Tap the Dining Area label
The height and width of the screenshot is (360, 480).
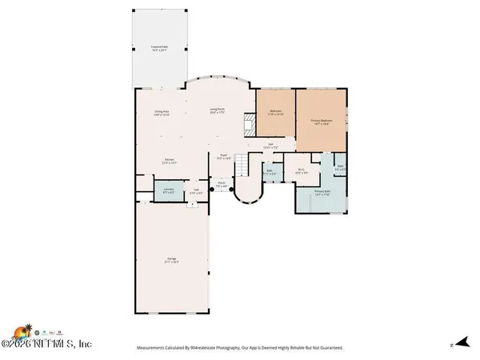pyautogui.click(x=162, y=113)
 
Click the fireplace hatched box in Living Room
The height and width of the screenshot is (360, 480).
pyautogui.click(x=249, y=124)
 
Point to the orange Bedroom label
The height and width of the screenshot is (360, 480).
pyautogui.click(x=276, y=113)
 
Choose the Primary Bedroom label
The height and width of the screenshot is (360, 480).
pyautogui.click(x=322, y=122)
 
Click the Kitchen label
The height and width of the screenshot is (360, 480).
pyautogui.click(x=169, y=161)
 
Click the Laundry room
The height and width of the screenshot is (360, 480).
pyautogui.click(x=169, y=191)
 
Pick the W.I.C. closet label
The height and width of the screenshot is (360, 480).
pyautogui.click(x=301, y=170)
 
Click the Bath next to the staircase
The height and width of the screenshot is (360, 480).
pyautogui.click(x=270, y=171)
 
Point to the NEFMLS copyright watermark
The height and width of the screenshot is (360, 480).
pyautogui.click(x=47, y=344)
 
